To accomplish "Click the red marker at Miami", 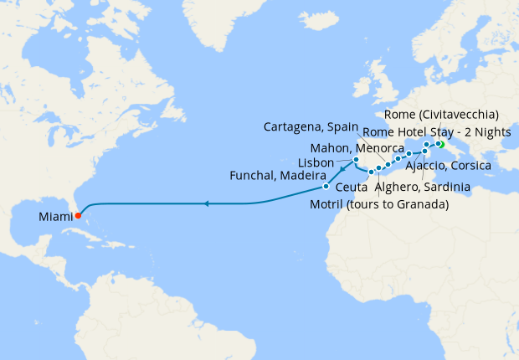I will (78, 215).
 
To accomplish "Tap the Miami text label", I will (54, 216).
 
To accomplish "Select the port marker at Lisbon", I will (356, 159).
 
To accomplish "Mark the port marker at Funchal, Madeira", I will (326, 187).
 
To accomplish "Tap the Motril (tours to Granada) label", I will (379, 204).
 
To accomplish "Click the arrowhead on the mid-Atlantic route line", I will (206, 203).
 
